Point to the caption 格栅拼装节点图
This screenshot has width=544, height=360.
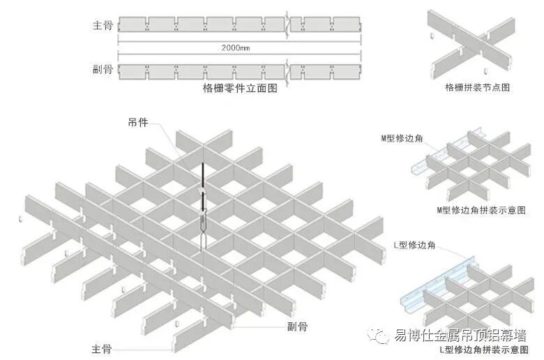(478, 88)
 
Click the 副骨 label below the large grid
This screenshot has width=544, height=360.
(297, 326)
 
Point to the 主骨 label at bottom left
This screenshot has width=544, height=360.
(102, 348)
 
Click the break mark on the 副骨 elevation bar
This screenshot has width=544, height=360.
(288, 70)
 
